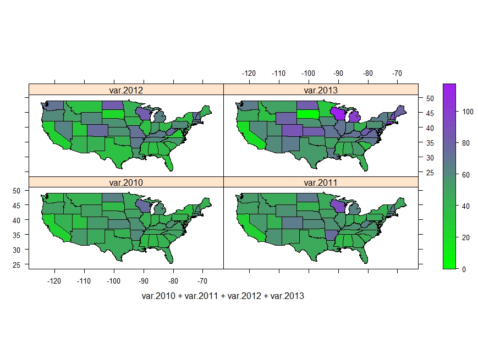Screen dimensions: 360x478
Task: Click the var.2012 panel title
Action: (126, 90)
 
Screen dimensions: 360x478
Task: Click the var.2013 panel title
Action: (321, 90)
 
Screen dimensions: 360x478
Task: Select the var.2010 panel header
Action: (126, 182)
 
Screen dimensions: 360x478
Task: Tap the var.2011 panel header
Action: (321, 182)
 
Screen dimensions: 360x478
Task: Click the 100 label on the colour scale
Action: (468, 111)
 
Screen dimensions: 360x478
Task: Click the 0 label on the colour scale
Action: (464, 269)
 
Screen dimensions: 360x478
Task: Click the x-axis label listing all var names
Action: (223, 296)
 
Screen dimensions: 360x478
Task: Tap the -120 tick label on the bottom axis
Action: (54, 281)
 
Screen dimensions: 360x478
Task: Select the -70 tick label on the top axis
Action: (397, 73)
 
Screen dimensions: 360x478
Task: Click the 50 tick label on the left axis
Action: (17, 190)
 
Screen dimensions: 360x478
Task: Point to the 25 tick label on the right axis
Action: (430, 173)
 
